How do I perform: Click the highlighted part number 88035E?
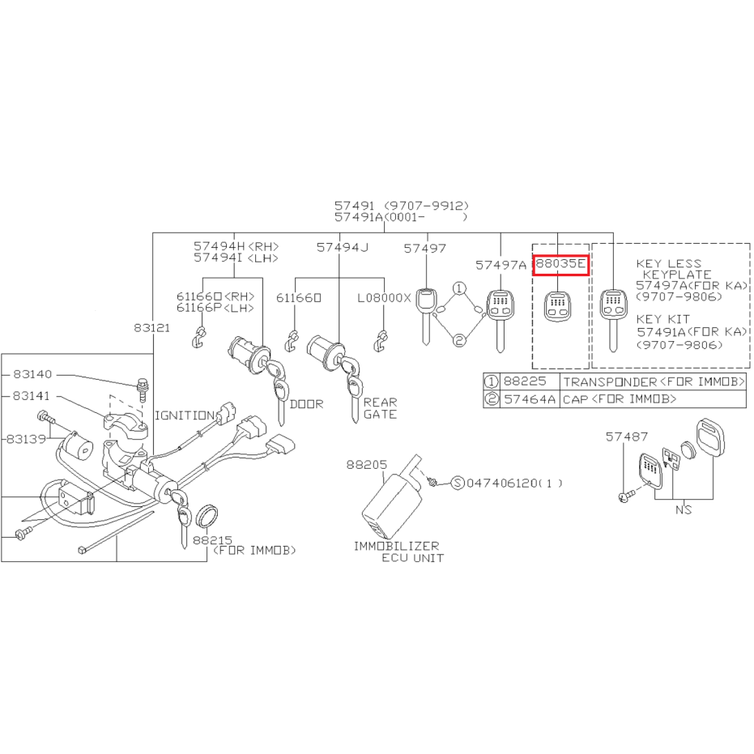pos(560,263)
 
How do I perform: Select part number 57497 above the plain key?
pos(424,248)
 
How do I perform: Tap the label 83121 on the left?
pos(152,328)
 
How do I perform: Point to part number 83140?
pos(32,374)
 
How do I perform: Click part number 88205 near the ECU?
pos(366,465)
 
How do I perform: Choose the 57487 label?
pos(627,437)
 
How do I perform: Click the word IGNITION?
pos(185,415)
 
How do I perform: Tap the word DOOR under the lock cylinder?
pos(306,404)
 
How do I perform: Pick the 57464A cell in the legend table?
pos(530,399)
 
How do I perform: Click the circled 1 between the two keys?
pos(460,288)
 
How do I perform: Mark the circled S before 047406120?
pos(458,483)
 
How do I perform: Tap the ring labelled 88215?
pos(207,516)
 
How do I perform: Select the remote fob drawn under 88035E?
pos(558,307)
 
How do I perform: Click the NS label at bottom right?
pos(684,509)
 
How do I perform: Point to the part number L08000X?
pos(384,298)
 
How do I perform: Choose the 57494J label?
pos(343,248)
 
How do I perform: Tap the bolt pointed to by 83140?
pos(143,389)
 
